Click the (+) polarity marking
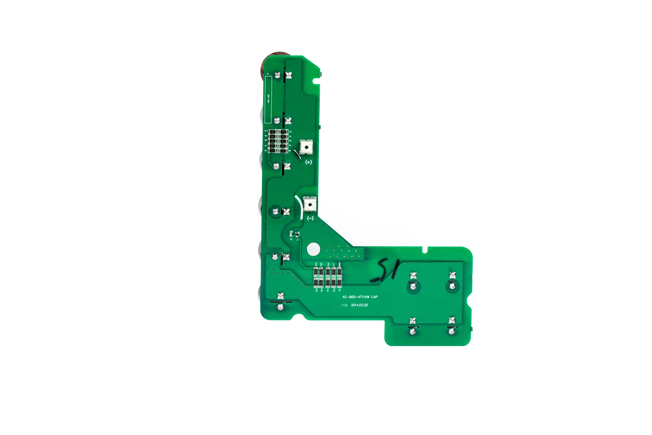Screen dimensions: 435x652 click(308, 162)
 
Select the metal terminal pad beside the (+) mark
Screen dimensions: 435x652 click(306, 147)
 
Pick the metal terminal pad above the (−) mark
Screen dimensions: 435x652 click(310, 204)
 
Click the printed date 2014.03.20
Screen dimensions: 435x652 click(359, 305)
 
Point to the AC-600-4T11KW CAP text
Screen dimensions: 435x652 click(360, 297)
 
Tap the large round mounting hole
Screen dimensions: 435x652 click(313, 249)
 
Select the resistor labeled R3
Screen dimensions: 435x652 click(283, 132)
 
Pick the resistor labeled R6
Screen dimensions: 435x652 click(272, 151)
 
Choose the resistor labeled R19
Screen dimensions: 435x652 click(316, 272)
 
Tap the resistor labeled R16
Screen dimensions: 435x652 click(339, 272)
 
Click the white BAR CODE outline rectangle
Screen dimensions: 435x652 click(268, 99)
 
